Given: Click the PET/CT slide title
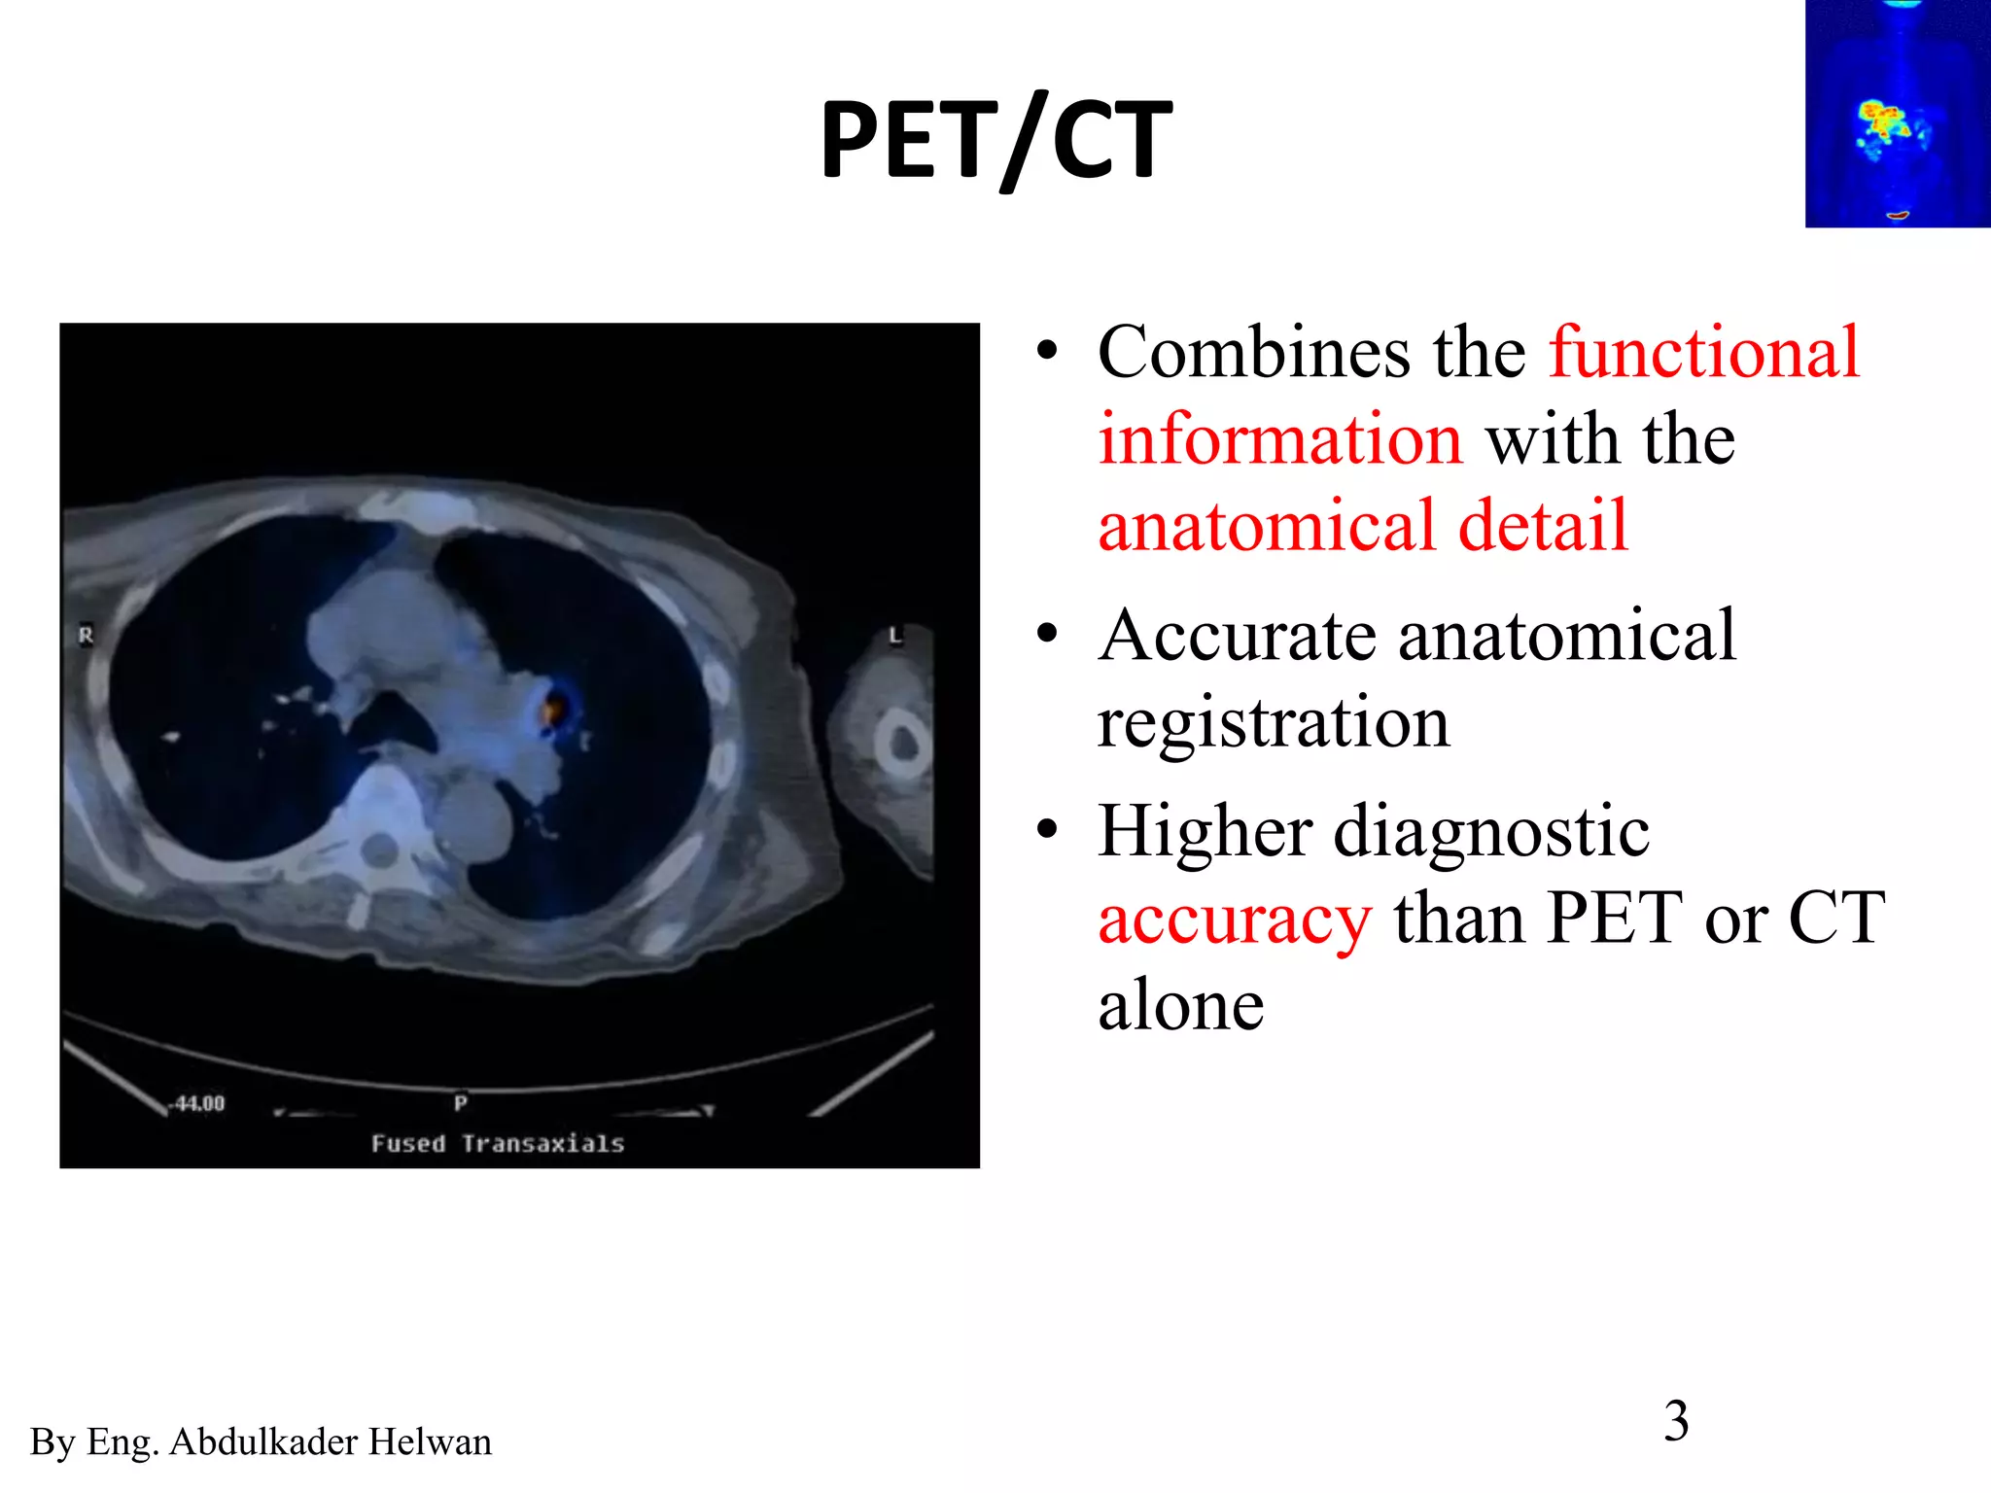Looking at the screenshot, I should pyautogui.click(x=995, y=141).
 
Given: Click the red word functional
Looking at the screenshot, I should pyautogui.click(x=1703, y=352).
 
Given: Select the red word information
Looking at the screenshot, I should pyautogui.click(x=1279, y=439).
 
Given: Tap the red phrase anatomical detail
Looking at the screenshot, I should pyautogui.click(x=1362, y=526).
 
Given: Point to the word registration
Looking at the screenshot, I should pyautogui.click(x=1273, y=722).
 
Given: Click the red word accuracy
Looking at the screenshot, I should pyautogui.click(x=1235, y=919).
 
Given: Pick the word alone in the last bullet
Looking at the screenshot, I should pyautogui.click(x=1180, y=1005).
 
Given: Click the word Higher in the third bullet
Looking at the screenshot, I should pyautogui.click(x=1204, y=831).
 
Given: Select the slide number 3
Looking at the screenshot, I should pyautogui.click(x=1676, y=1421).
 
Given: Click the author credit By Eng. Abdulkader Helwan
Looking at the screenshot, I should pyautogui.click(x=261, y=1441).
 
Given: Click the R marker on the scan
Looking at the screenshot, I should pyautogui.click(x=86, y=635).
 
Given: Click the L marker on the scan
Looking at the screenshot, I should pyautogui.click(x=895, y=636).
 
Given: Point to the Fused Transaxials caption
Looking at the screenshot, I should pyautogui.click(x=497, y=1144).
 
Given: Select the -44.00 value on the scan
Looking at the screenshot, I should pyautogui.click(x=199, y=1103).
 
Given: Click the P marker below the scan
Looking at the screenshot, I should pyautogui.click(x=460, y=1102).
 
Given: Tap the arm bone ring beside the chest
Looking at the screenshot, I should pyautogui.click(x=903, y=744).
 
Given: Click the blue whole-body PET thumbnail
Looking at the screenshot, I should pyautogui.click(x=1897, y=115).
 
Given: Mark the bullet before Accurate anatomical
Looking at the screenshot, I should pyautogui.click(x=1046, y=635).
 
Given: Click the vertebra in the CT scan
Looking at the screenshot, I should pyautogui.click(x=380, y=848).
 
